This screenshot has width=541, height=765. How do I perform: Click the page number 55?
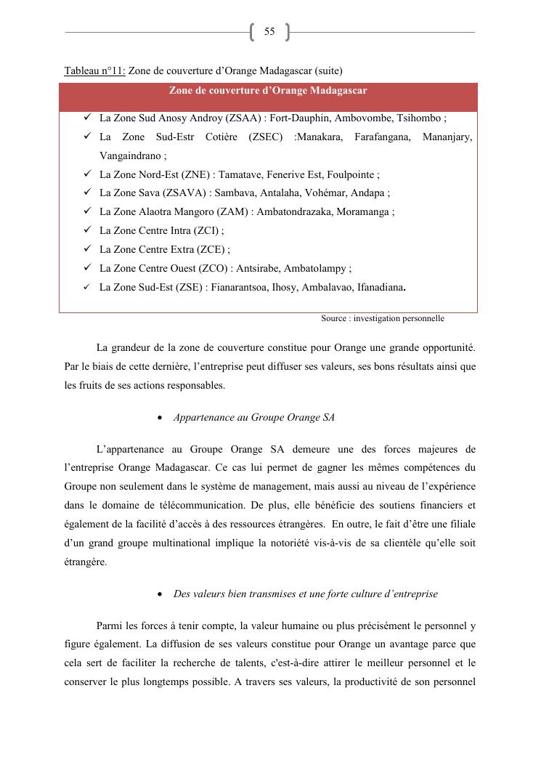pos(269,32)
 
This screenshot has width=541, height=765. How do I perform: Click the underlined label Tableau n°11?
pos(94,70)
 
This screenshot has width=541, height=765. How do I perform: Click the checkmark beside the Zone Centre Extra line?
pos(86,249)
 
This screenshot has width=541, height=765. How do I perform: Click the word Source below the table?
pos(335,318)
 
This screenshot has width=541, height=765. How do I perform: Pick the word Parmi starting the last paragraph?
pos(110,626)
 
